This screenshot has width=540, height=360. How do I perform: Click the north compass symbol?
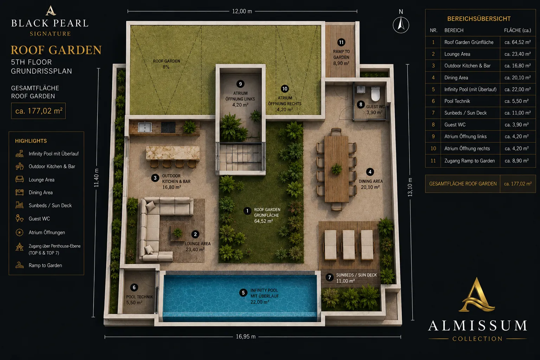point(401,25)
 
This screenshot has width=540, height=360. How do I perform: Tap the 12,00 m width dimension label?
point(242,11)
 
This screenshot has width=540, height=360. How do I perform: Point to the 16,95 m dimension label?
point(246,336)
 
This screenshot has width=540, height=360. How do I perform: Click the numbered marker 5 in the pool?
point(243,293)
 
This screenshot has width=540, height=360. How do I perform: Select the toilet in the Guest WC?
point(375,94)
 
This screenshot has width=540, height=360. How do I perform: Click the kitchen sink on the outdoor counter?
point(144,127)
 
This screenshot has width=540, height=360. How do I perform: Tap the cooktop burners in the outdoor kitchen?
point(168,127)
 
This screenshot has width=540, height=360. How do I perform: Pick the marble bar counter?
point(173,153)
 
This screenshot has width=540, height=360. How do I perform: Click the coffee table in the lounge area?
point(178,233)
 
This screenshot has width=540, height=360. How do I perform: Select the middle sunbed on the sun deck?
point(349,245)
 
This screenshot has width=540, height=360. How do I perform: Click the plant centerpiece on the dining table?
point(336,169)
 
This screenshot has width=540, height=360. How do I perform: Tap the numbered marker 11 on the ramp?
point(341,43)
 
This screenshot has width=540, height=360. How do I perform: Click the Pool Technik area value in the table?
point(516,101)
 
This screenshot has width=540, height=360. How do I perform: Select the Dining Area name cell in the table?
point(456,78)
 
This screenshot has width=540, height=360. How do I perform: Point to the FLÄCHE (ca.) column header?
point(517,30)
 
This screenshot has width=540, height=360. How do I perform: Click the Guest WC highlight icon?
point(19,218)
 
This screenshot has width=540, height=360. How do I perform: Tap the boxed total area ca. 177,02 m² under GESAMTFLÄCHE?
point(39,111)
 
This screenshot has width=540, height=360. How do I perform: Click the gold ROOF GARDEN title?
point(56,50)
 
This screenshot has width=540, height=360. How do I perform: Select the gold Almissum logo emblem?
point(477,294)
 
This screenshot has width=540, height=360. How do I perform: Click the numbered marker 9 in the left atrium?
point(240,84)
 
